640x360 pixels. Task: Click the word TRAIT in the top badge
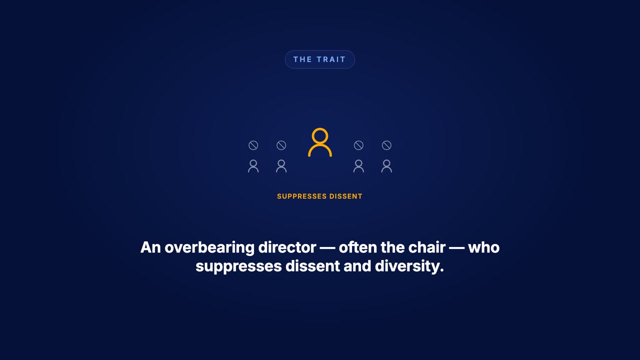coord(331,59)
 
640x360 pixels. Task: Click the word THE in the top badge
coord(302,59)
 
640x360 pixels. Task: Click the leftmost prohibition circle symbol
coord(253,145)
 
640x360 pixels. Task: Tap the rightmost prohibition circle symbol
coord(386,145)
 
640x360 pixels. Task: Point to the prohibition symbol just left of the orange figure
coord(281,145)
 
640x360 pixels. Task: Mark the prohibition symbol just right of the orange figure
coord(358,145)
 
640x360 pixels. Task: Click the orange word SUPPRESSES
coord(301,196)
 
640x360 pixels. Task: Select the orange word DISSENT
coord(345,196)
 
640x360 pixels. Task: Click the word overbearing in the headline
coord(209,247)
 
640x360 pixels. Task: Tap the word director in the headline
coord(287,247)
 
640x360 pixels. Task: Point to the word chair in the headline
coord(426,247)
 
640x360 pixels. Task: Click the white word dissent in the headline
coord(312,266)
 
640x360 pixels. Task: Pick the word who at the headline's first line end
coord(483,247)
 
